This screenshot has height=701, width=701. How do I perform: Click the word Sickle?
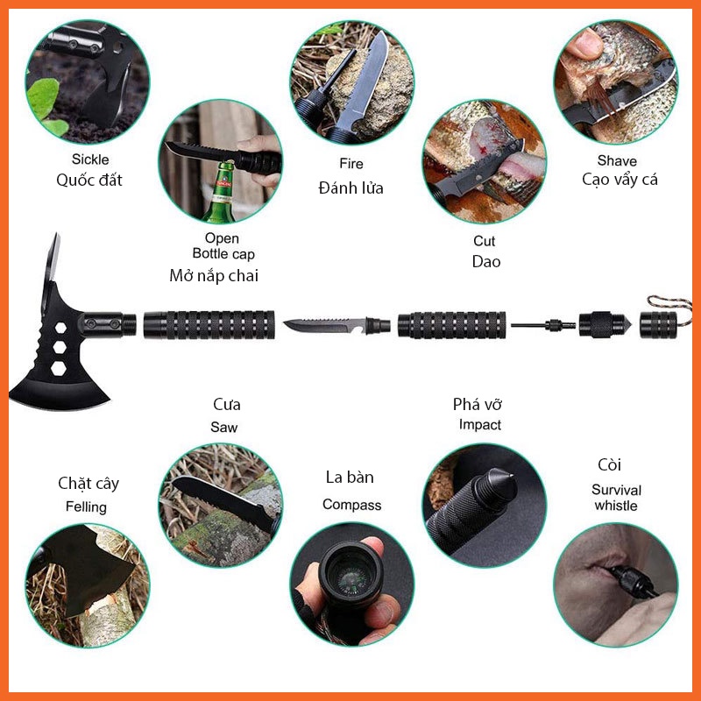[x=90, y=159]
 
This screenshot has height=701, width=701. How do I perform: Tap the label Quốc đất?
[x=89, y=180]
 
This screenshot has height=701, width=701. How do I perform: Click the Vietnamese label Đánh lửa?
[x=351, y=188]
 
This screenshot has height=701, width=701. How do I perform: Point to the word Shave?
[x=617, y=160]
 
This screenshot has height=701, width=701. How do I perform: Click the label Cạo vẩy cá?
[x=620, y=180]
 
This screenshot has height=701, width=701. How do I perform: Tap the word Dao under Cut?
[x=486, y=261]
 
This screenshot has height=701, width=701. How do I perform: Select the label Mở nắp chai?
[x=214, y=275]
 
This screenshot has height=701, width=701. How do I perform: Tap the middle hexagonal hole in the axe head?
[x=60, y=347]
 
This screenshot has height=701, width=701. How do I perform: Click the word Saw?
[x=224, y=427]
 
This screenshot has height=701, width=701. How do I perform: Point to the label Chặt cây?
[x=89, y=484]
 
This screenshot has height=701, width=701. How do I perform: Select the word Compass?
[x=352, y=506]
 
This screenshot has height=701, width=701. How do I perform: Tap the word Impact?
[x=479, y=425]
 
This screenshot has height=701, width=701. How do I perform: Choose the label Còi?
[x=609, y=465]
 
